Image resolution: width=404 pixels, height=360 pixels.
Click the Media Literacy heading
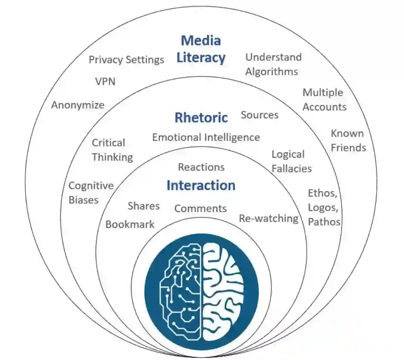coord(201,49)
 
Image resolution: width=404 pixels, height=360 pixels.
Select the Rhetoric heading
coord(201,117)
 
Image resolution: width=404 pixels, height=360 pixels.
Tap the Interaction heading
coord(201,186)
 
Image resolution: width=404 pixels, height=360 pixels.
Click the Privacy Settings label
coord(126,60)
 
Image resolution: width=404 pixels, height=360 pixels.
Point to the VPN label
coord(105,82)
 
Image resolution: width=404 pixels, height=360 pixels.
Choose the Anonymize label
coord(78,105)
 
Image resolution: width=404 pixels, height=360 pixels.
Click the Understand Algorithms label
coord(273,64)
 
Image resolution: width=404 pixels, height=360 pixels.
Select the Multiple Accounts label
coord(324,100)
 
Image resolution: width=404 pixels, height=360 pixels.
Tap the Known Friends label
coord(348,140)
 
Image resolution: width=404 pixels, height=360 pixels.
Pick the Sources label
coord(260,115)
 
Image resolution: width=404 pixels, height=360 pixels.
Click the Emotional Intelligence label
coord(206,137)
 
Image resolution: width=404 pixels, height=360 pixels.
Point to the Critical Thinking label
coord(112,150)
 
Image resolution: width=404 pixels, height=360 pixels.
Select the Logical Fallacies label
coord(291,161)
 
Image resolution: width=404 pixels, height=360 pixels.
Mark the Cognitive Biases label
coord(91,193)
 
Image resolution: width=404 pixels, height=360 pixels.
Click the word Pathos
coord(324,222)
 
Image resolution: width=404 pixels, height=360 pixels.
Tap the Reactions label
coord(201,167)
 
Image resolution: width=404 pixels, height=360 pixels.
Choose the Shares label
coord(144,206)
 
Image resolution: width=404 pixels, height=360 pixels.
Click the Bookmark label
coord(130,224)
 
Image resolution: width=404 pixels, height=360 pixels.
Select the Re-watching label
coord(268,218)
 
